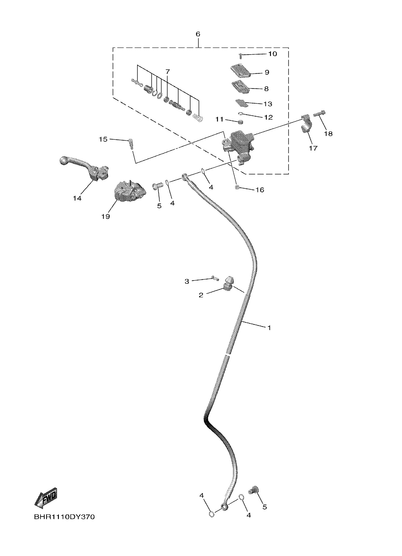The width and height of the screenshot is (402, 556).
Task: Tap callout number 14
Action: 77,198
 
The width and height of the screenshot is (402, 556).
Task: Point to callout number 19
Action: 106,216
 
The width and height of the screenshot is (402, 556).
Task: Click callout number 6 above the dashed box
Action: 198,34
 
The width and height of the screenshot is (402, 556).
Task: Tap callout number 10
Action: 272,54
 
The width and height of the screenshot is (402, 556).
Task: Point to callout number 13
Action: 268,104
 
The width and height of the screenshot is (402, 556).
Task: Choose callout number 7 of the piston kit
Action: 167,71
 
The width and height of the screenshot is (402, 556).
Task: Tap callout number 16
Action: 260,190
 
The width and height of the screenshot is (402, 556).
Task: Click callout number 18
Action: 328,134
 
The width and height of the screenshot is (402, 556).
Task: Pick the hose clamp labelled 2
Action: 228,283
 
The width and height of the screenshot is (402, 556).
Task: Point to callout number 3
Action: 187,281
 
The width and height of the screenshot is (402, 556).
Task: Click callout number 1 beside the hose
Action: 269,327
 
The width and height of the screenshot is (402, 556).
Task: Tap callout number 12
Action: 268,117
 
